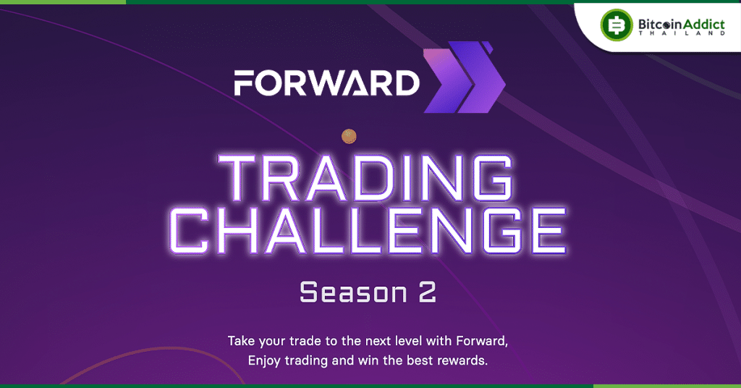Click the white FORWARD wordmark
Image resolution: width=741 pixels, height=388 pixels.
(x=326, y=83)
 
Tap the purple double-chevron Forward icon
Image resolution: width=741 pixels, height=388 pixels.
(x=463, y=77)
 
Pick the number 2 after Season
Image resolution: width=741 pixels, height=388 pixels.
(x=426, y=292)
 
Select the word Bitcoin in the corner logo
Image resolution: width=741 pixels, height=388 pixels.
(x=655, y=25)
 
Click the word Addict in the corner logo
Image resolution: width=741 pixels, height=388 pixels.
(x=701, y=25)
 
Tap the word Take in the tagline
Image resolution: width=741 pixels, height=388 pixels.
(x=242, y=339)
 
